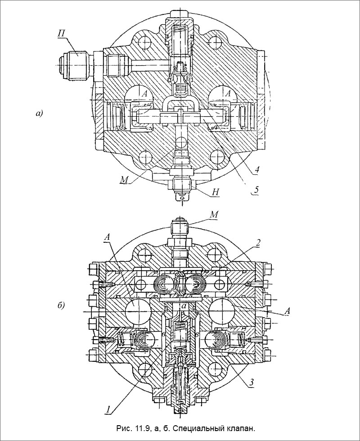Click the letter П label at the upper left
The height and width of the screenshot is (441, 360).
coord(62,34)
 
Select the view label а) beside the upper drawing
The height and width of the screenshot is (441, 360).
coord(39,114)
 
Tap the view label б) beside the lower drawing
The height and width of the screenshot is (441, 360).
coord(61,305)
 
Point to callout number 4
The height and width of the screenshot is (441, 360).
coord(256,169)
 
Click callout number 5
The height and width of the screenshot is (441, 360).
coord(256,190)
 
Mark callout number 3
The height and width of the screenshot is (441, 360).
coord(252,382)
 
